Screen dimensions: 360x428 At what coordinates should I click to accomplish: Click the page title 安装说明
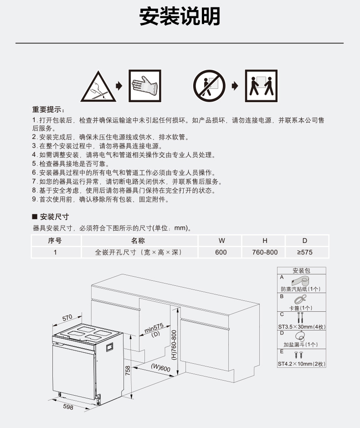[x=180, y=16]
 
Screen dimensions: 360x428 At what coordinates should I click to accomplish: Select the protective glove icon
[x=145, y=86]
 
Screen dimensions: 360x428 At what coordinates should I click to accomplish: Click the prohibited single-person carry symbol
[x=209, y=86]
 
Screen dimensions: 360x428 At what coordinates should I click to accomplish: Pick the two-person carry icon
[x=261, y=86]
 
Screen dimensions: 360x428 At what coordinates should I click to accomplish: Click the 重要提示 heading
[x=48, y=110]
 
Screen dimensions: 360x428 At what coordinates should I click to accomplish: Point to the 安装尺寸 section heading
[x=51, y=217]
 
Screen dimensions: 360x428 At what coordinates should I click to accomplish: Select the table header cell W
[x=221, y=241]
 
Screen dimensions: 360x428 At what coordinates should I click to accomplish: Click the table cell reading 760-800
[x=265, y=252]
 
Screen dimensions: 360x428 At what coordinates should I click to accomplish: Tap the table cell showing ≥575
[x=305, y=252]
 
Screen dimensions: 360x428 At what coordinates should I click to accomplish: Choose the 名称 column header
[x=138, y=241]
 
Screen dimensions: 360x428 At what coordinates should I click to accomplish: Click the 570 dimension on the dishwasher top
[x=67, y=317]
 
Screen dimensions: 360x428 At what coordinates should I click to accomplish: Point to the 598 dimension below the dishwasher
[x=68, y=407]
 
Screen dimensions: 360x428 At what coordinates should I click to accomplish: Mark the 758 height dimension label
[x=128, y=371]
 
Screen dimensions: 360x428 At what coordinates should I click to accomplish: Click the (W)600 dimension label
[x=160, y=368]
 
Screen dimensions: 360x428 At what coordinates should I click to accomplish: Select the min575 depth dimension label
[x=154, y=328]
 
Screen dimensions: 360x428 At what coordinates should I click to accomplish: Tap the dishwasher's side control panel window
[x=110, y=347]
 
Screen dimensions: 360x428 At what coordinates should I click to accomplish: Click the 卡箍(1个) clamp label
[x=300, y=308]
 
